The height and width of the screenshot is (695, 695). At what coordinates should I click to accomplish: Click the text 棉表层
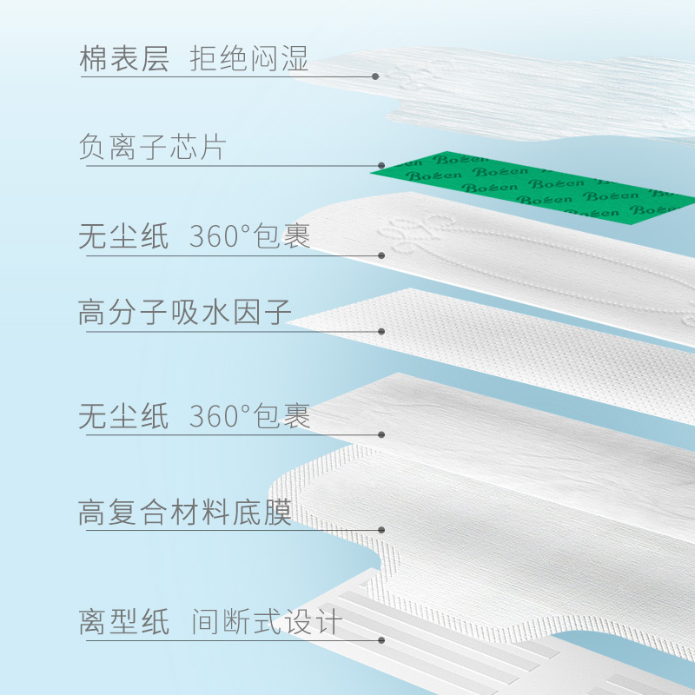click(x=123, y=63)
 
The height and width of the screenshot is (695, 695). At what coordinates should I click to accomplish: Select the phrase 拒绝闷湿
click(x=249, y=63)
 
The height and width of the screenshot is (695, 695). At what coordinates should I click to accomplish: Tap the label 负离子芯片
click(x=152, y=147)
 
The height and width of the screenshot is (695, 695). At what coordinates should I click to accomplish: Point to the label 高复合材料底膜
click(x=184, y=512)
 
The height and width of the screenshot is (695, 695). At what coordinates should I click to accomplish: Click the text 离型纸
click(x=123, y=623)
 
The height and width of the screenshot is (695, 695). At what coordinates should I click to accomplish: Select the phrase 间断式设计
click(x=267, y=623)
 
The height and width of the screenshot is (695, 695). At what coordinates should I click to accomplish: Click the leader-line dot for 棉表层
click(x=375, y=76)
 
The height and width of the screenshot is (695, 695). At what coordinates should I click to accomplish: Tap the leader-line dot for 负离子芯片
click(x=381, y=164)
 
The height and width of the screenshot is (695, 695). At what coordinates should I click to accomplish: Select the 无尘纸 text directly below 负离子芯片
click(x=123, y=237)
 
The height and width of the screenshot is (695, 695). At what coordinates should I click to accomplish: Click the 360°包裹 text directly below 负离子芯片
click(x=250, y=237)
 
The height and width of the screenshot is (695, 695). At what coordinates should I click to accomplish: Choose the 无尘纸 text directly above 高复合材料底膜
click(x=123, y=417)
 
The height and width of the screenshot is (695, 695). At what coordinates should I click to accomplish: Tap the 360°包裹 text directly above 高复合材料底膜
click(x=250, y=417)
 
